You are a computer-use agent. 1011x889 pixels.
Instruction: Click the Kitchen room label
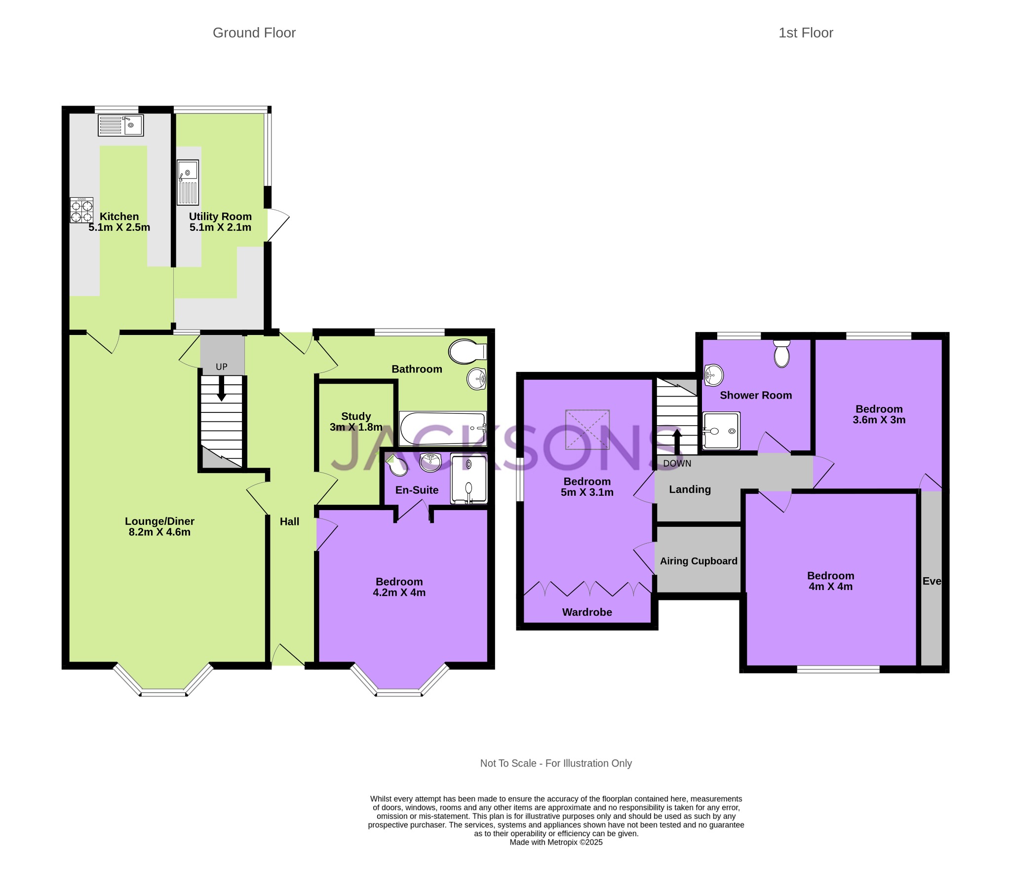119,217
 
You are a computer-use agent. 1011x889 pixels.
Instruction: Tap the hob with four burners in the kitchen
81,210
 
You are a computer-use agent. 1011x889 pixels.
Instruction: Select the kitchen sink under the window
120,125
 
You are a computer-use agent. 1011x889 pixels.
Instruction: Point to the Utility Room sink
188,182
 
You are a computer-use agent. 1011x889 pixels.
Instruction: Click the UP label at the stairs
222,367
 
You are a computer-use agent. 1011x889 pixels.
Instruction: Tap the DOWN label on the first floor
677,463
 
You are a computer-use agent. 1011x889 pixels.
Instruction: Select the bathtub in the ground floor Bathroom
443,429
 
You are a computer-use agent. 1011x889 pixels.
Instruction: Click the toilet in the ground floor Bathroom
467,352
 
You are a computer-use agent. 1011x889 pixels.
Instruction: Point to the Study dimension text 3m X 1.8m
356,427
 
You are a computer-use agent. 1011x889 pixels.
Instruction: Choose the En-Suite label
417,490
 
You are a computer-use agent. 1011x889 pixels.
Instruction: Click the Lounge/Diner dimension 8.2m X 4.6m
160,532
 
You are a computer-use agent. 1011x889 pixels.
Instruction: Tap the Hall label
289,521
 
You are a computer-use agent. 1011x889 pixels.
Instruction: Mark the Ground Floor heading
254,33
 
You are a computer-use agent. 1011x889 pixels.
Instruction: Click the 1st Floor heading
806,33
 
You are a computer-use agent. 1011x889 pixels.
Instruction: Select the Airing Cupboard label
699,561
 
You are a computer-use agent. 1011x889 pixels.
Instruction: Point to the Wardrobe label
587,612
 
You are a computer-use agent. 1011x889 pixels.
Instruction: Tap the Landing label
690,489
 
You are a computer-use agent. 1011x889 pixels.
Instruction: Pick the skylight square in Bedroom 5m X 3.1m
587,430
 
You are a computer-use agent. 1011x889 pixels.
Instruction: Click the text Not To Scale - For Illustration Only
556,763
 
